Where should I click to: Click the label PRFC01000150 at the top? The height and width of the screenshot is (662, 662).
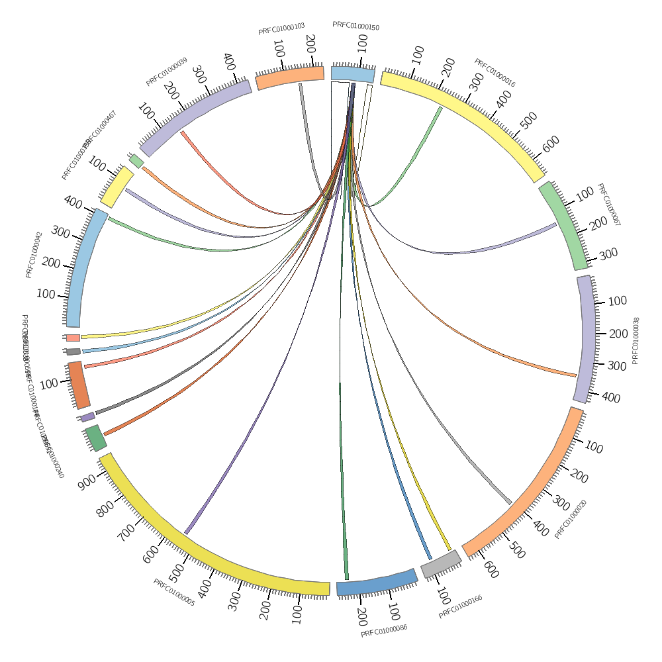[x=355, y=26]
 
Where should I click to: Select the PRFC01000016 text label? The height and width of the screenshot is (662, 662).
[x=495, y=73]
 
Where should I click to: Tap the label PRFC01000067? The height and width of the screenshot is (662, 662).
[x=608, y=205]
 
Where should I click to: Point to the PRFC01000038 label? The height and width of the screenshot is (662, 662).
[x=636, y=340]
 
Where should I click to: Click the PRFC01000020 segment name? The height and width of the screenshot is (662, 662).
[x=571, y=519]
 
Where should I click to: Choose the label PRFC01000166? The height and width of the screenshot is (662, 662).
[x=460, y=607]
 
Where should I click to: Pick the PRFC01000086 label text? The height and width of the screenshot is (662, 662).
[x=384, y=630]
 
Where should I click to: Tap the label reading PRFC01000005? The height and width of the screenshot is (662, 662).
[x=174, y=592]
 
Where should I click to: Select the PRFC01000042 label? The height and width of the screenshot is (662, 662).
[x=34, y=254]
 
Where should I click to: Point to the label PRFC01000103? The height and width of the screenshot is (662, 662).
[x=281, y=29]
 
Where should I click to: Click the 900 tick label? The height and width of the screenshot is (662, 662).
[x=87, y=483]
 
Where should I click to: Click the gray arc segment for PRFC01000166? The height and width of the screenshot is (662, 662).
[x=441, y=564]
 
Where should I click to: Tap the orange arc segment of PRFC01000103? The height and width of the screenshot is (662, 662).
[x=290, y=77]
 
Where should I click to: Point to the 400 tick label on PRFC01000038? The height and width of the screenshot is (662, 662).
[x=611, y=398]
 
